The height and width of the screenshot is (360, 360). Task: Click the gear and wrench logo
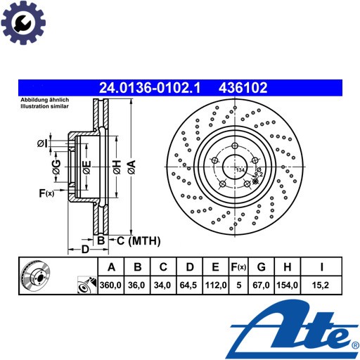coord(23,22)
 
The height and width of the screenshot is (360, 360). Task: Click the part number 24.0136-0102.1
coord(150,88)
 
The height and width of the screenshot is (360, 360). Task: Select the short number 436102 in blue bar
coord(243,88)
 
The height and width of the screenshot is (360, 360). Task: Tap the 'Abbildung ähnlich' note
coord(45,100)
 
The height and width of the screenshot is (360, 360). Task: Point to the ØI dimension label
coord(42,143)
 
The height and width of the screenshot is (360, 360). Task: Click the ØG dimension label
coord(56,167)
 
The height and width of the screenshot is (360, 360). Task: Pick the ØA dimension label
coord(131,167)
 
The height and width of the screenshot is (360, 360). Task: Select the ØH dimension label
coord(117,167)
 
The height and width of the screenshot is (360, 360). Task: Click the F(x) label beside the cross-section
coord(46,193)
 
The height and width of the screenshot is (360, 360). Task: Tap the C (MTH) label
coord(139,240)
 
